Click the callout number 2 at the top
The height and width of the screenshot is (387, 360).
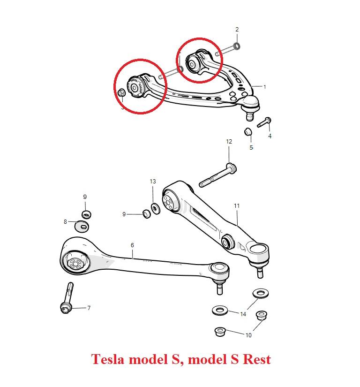pyautogui.click(x=237, y=29)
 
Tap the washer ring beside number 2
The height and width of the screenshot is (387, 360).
pyautogui.click(x=237, y=46)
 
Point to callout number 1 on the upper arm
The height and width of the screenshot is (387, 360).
pyautogui.click(x=264, y=87)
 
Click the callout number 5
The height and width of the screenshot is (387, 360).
pyautogui.click(x=251, y=147)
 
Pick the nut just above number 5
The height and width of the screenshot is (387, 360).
pyautogui.click(x=248, y=131)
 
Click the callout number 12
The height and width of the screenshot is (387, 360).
pyautogui.click(x=229, y=141)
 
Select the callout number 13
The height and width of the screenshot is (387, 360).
pyautogui.click(x=153, y=182)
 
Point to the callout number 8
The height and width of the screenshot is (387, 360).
pyautogui.click(x=66, y=222)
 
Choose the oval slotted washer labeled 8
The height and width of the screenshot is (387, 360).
pyautogui.click(x=82, y=227)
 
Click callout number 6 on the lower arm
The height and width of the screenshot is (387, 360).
pyautogui.click(x=133, y=245)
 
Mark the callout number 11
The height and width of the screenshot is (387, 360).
pyautogui.click(x=237, y=205)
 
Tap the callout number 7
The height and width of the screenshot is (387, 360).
pyautogui.click(x=89, y=308)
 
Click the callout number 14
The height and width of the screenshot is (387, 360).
pyautogui.click(x=243, y=314)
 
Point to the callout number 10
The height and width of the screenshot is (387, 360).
pyautogui.click(x=248, y=335)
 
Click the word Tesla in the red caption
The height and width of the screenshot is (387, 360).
pyautogui.click(x=107, y=360)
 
